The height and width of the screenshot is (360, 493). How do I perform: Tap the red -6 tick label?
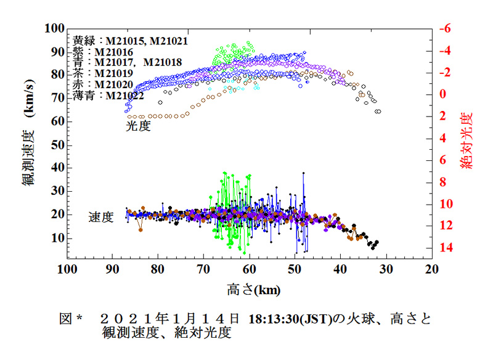point(446,29)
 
